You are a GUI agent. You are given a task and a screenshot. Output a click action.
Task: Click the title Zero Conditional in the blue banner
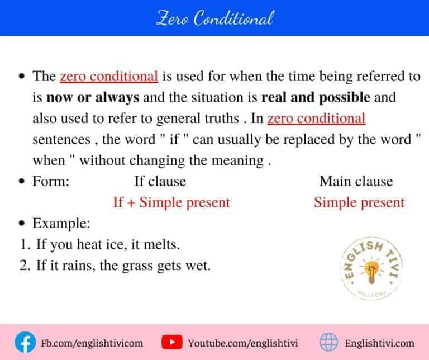[214, 18]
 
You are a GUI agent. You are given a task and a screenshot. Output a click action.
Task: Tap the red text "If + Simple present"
[171, 202]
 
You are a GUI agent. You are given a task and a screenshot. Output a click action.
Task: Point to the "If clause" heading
[160, 181]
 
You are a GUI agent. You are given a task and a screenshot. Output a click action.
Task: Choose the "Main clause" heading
[356, 181]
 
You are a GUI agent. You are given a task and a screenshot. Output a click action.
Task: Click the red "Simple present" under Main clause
[359, 202]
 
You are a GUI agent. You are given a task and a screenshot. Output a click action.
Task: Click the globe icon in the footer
[328, 342]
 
